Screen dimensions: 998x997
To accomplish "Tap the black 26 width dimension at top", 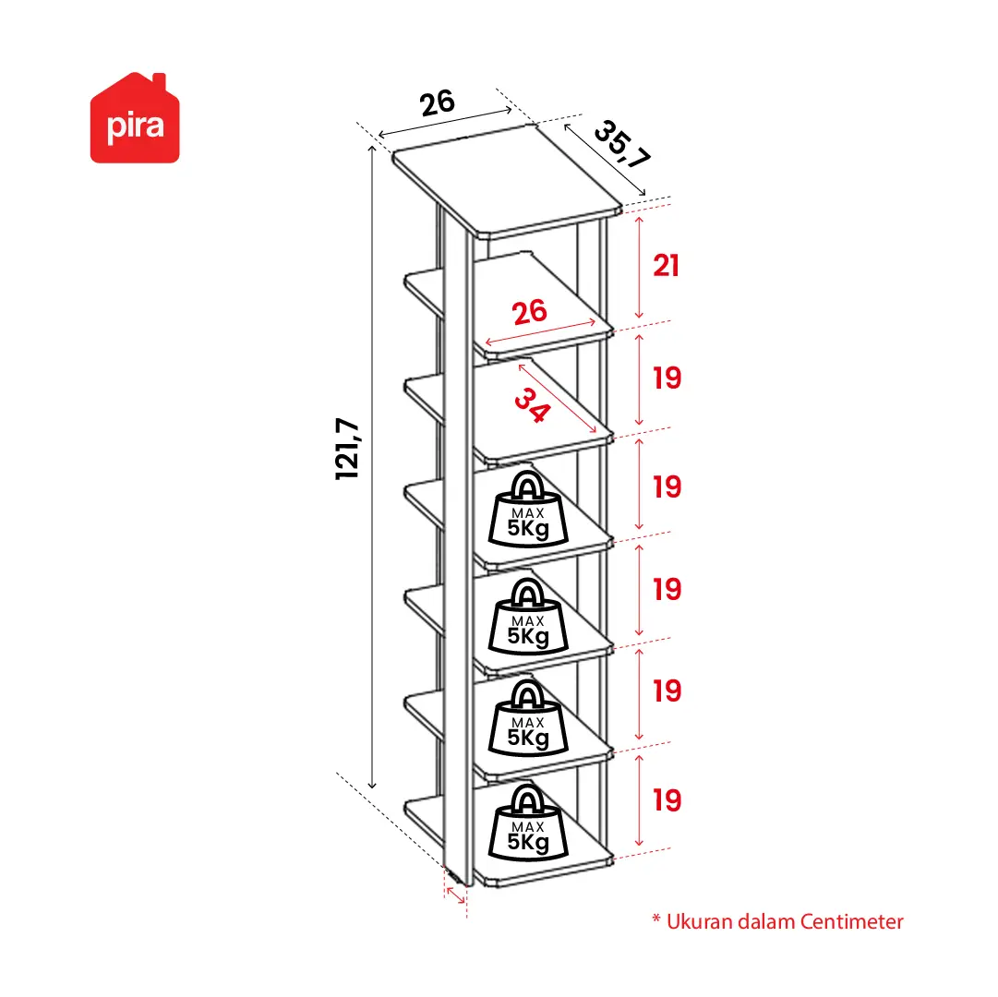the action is click(x=438, y=102).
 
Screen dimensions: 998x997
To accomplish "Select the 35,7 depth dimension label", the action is click(x=622, y=145).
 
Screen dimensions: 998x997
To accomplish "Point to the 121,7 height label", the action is click(x=347, y=449).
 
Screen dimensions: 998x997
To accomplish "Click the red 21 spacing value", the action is click(x=667, y=265).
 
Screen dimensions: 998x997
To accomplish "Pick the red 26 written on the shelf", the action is click(x=530, y=312).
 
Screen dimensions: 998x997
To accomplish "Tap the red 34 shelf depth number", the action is click(x=532, y=405).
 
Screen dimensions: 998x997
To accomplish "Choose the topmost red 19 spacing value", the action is click(x=667, y=378).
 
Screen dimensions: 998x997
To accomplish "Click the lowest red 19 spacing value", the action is click(x=667, y=800).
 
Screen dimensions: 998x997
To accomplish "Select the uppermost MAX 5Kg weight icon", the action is click(x=528, y=509).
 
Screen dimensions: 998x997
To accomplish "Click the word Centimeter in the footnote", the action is click(x=851, y=922).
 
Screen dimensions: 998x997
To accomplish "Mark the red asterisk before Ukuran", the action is click(x=656, y=919).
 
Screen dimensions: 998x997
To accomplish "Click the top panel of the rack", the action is click(x=507, y=180).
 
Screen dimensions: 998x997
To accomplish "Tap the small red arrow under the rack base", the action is click(x=456, y=895).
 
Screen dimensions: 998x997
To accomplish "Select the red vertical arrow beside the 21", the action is click(x=639, y=267).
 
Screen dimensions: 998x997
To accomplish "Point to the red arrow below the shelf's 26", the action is click(x=540, y=332).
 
